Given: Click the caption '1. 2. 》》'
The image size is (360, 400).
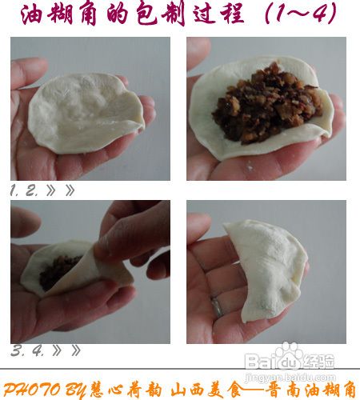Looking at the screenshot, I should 43,190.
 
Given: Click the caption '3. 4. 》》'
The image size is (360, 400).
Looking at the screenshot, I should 43,350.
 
